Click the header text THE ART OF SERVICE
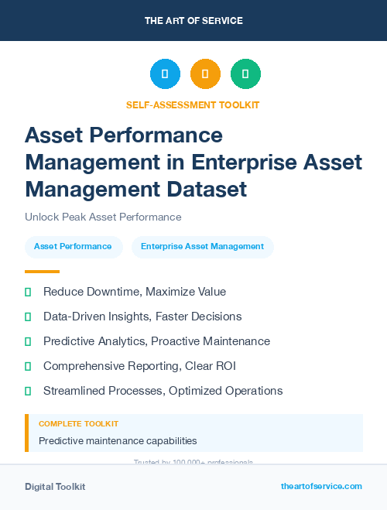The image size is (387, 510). coord(193,21)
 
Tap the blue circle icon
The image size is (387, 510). coord(165,74)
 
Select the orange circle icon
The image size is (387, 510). coord(205,74)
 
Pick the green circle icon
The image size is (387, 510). coord(245,74)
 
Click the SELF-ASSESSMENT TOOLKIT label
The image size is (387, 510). coord(193,104)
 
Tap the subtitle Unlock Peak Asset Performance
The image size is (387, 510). coord(103,217)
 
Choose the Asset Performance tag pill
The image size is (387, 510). coord(74,247)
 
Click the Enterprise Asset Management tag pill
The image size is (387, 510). coord(202,247)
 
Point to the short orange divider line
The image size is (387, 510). coord(42,272)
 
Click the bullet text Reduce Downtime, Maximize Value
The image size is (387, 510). coord(134,292)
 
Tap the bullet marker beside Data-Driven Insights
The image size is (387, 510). coord(28,317)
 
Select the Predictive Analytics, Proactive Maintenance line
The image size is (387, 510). coord(156,341)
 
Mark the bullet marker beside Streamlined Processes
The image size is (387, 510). coord(28,391)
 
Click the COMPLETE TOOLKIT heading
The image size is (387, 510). coord(78,424)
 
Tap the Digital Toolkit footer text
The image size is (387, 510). coord(55,487)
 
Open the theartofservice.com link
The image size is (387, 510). coord(321,486)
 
